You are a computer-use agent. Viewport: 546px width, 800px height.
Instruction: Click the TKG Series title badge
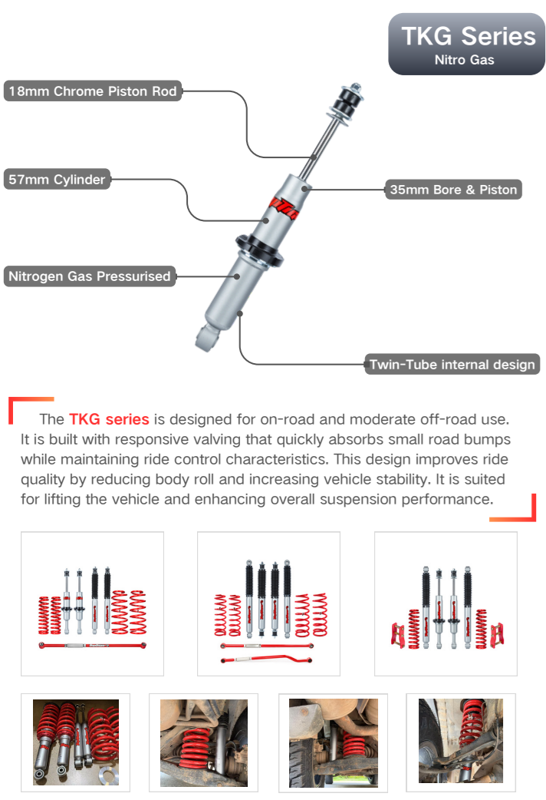tap(466, 45)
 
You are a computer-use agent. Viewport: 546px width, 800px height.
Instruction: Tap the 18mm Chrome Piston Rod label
tap(93, 91)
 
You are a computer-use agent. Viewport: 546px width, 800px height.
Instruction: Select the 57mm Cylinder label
tap(57, 179)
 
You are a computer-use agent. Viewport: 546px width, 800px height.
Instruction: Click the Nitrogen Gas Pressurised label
tap(90, 276)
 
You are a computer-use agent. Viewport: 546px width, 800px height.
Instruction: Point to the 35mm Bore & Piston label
tap(453, 190)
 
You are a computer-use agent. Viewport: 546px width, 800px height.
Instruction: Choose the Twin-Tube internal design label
tap(452, 364)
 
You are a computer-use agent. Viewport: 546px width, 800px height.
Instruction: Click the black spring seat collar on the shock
tap(259, 250)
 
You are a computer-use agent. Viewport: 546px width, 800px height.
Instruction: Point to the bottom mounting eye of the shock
tap(207, 338)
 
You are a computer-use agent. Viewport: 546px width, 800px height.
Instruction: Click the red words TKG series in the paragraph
tap(109, 419)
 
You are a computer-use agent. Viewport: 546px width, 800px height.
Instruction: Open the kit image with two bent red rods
tap(268, 603)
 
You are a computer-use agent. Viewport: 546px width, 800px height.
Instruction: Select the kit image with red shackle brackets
tap(446, 603)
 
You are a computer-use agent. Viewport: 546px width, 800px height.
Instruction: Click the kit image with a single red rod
tap(92, 603)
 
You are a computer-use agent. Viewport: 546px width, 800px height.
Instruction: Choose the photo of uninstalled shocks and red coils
tap(75, 742)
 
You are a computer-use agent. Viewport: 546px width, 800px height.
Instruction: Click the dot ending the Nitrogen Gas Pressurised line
tap(237, 276)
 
